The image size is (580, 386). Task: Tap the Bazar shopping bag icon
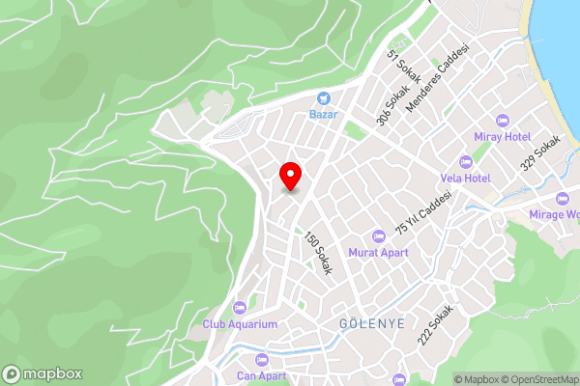coord(323,97)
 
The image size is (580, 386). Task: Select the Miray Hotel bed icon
coord(501,121)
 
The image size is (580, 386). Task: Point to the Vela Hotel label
coord(465,179)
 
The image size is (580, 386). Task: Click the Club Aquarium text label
coord(240,324)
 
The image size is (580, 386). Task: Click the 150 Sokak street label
coord(318,254)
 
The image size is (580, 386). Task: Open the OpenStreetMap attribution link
coord(536,379)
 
